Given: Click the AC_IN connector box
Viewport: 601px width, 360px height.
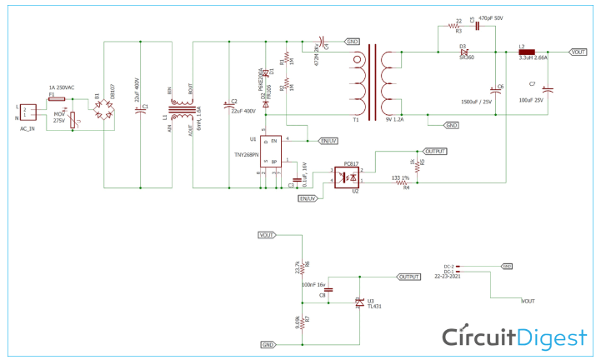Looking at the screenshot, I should [28, 112].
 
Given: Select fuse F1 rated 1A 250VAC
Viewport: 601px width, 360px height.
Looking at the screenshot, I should [57, 97].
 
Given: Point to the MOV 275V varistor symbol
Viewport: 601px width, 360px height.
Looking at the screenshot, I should [73, 118].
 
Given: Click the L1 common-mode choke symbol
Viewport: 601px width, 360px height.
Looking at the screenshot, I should [182, 109].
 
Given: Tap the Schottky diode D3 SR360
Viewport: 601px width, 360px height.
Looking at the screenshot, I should [464, 52].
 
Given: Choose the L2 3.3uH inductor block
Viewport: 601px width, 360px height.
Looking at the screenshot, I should [527, 52].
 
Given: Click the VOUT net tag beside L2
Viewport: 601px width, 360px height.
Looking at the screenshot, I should [578, 52].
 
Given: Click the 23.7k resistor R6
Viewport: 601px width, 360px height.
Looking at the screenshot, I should [303, 267].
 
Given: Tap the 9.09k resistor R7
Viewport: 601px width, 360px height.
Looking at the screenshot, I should [303, 320].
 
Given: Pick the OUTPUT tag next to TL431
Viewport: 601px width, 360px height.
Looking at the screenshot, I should [409, 277].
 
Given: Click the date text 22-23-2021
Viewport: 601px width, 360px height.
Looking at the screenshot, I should [448, 277].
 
